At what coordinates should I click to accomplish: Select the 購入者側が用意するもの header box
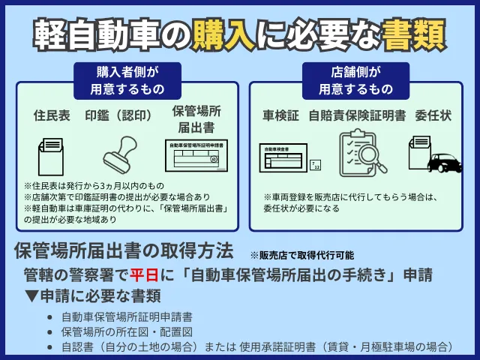tap(127, 79)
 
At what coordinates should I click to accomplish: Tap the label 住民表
tap(52, 116)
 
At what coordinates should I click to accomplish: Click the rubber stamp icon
tap(122, 155)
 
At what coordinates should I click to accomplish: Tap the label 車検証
tap(281, 116)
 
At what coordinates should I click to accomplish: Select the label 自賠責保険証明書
tap(359, 116)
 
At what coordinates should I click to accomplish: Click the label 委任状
tap(432, 116)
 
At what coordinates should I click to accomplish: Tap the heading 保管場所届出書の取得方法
tap(123, 250)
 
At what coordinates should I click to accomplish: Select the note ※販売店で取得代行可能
tap(301, 255)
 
